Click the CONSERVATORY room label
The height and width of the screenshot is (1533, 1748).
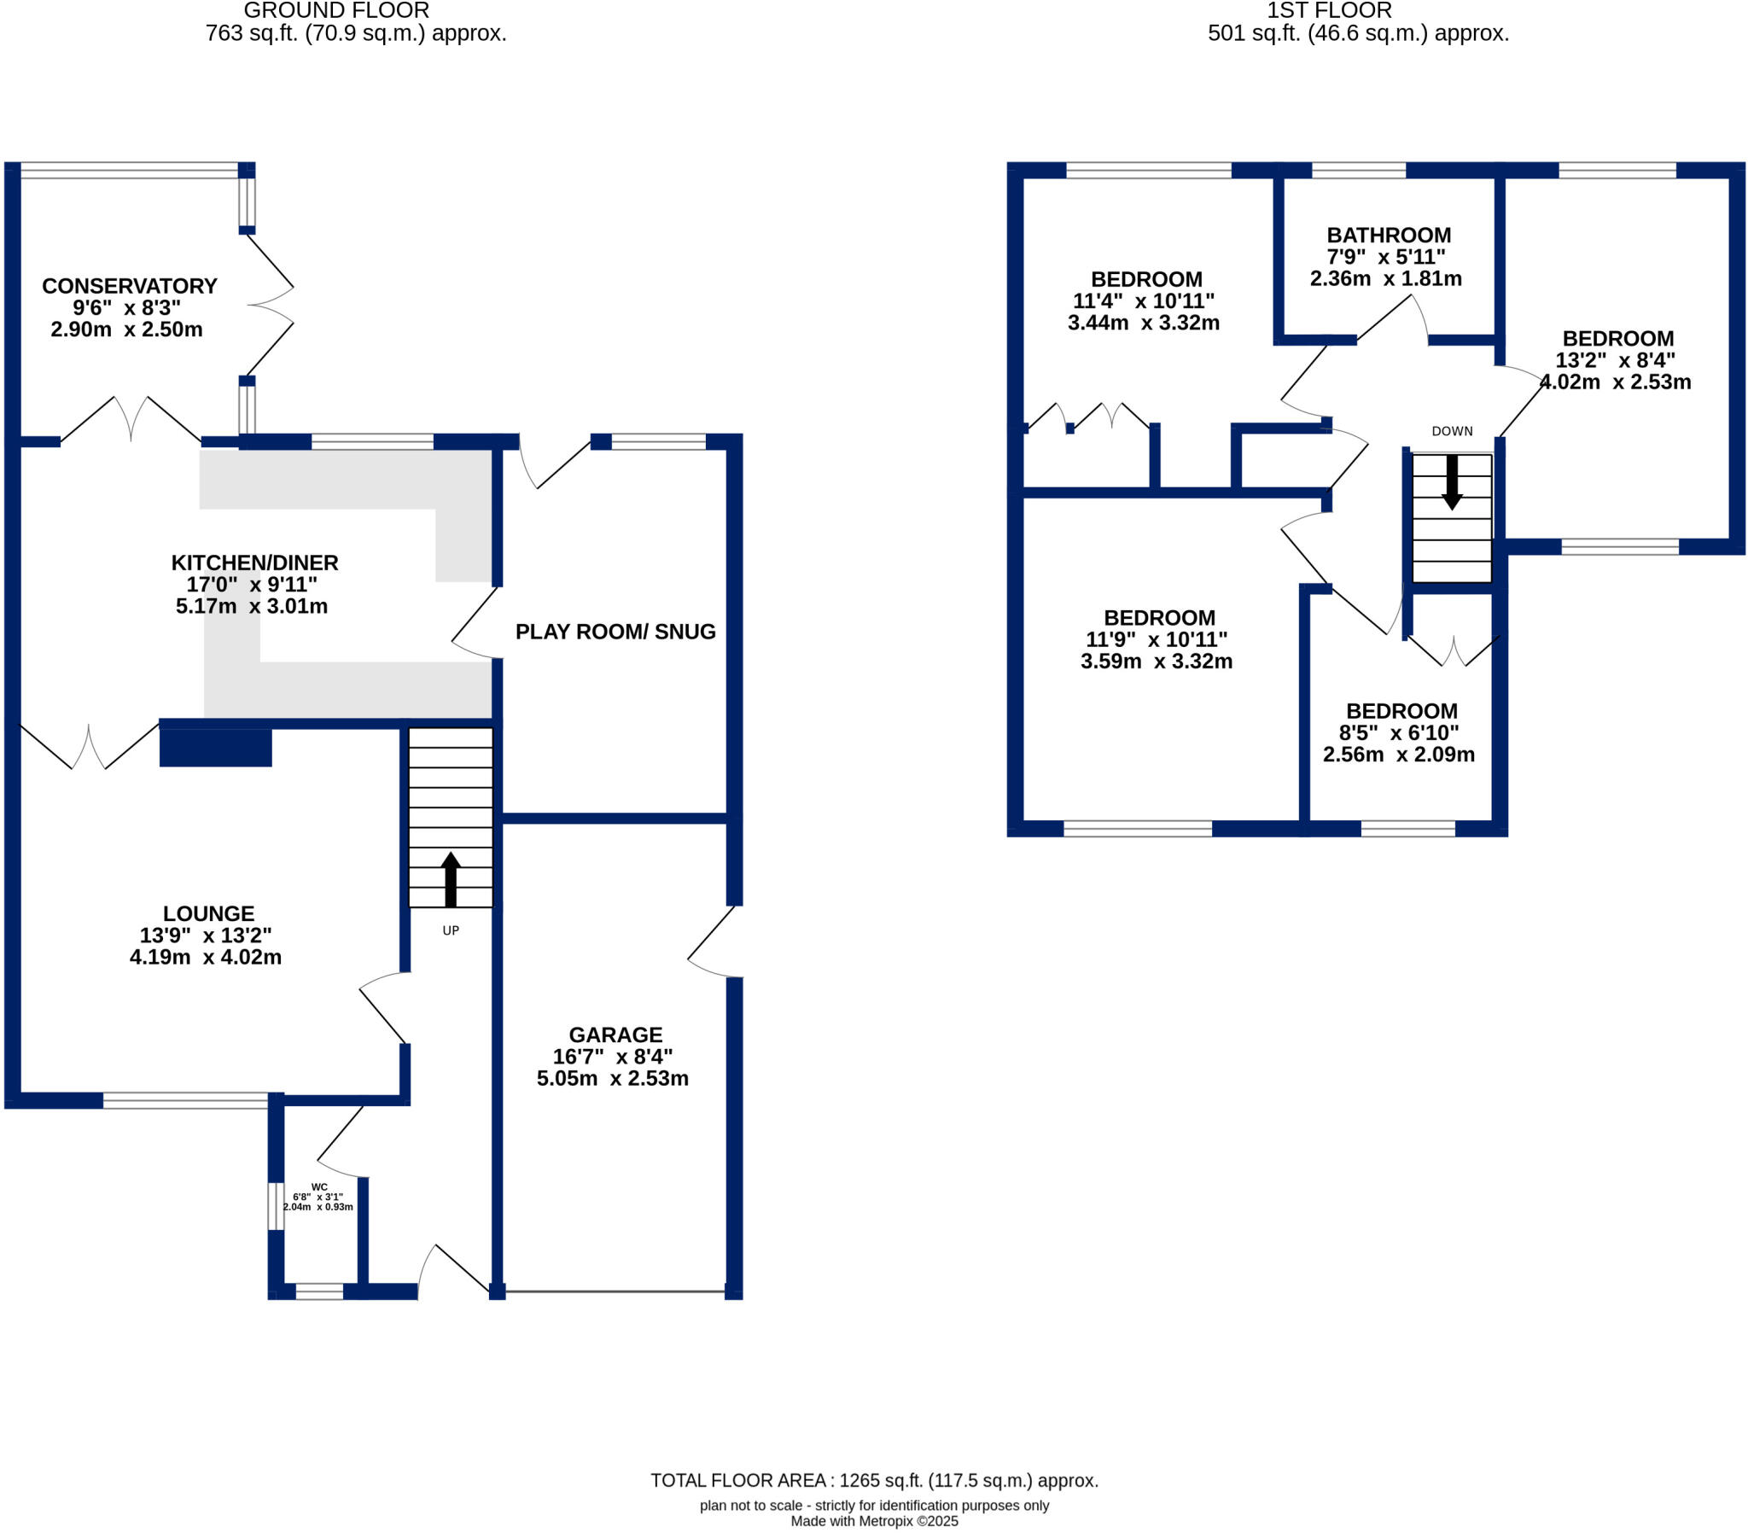(x=129, y=286)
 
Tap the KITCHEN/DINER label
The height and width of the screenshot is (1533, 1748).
(x=255, y=562)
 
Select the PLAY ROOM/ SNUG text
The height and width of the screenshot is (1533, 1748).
(x=615, y=632)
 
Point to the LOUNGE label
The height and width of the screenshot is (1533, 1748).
(x=208, y=913)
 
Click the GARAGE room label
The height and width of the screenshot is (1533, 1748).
(x=615, y=1035)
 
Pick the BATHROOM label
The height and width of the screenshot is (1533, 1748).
(x=1389, y=236)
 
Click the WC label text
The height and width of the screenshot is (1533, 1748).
(x=319, y=1187)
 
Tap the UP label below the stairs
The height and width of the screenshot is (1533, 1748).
(x=451, y=930)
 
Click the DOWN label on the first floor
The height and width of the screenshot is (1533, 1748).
(x=1452, y=431)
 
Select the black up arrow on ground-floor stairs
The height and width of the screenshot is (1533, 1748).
(x=451, y=878)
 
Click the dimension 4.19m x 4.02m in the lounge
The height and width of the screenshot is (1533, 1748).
(x=205, y=957)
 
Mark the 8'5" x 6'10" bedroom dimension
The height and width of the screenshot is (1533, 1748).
(x=1399, y=733)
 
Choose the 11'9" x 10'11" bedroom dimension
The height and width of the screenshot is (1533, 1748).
(x=1157, y=640)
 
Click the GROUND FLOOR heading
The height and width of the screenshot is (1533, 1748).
(x=336, y=11)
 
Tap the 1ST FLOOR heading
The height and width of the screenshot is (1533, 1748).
(x=1329, y=11)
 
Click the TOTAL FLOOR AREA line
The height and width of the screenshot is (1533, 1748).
(x=874, y=1481)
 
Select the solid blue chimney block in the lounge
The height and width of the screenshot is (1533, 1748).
(x=215, y=748)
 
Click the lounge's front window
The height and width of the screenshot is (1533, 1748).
(x=185, y=1101)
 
